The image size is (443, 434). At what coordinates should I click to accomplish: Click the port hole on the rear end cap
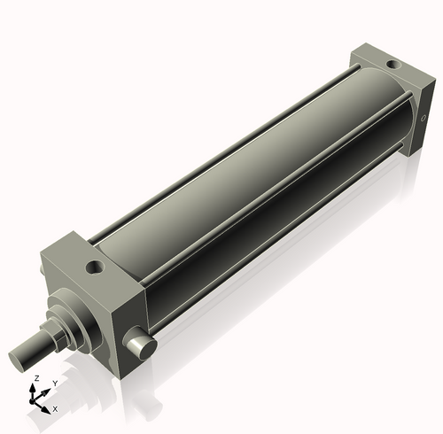pos(392,64)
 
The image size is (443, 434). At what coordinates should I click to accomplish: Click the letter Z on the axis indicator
pos(35,378)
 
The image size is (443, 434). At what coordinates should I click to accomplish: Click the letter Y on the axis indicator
pos(54,383)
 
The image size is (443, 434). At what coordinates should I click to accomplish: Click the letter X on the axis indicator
pos(55,409)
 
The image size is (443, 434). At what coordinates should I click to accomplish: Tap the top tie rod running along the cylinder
pos(221,142)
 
